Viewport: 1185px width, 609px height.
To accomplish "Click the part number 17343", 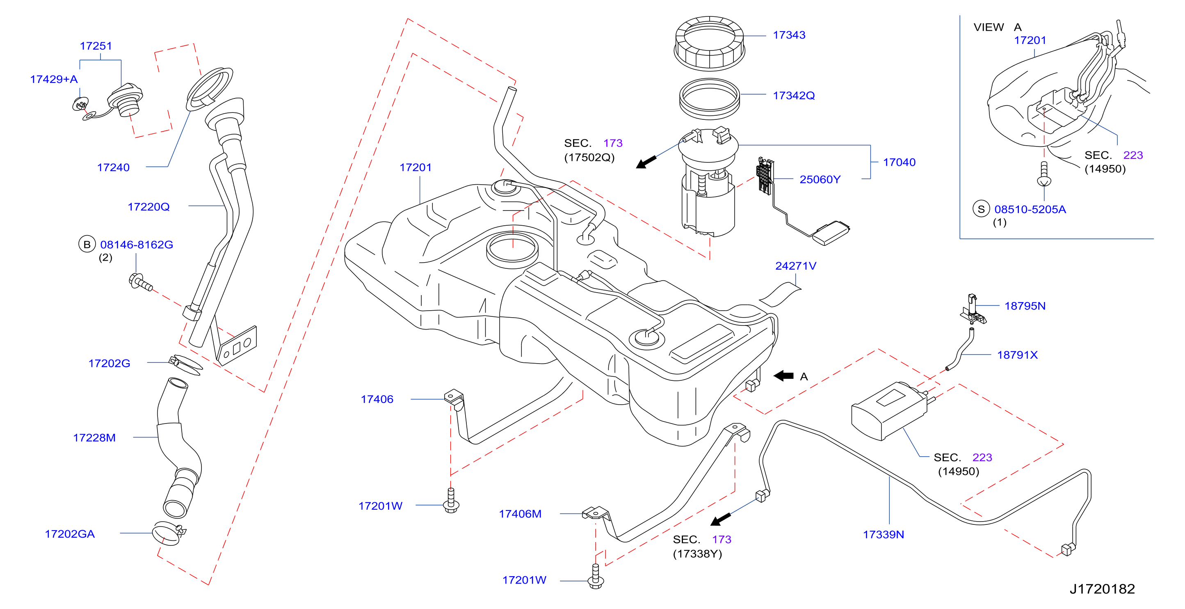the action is click(x=789, y=35).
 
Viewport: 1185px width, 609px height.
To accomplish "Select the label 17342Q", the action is click(x=794, y=95).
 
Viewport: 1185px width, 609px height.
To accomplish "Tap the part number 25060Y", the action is click(x=820, y=179).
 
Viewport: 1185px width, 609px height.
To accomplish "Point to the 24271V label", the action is click(x=795, y=266).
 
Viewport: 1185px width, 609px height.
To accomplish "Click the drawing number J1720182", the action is click(x=1102, y=589).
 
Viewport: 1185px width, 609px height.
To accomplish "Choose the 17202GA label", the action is click(x=69, y=534).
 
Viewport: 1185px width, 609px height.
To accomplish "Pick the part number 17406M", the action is click(x=520, y=514).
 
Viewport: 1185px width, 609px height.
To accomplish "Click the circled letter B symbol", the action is click(x=87, y=245).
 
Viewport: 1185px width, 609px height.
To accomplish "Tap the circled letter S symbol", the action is click(x=981, y=209).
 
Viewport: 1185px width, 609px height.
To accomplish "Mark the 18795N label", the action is click(x=1025, y=306).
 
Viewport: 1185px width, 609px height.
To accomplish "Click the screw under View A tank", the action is click(x=1044, y=174).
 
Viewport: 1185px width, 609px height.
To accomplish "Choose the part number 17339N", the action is click(x=883, y=534).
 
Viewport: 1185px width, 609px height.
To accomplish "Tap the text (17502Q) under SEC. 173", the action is click(x=589, y=158).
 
